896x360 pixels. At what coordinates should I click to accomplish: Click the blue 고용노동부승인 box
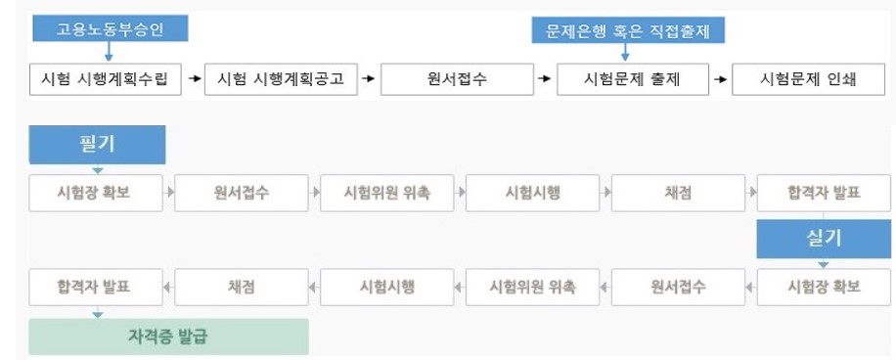109,30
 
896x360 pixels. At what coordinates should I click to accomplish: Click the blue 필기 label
98,144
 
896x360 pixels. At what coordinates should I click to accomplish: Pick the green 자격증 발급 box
169,337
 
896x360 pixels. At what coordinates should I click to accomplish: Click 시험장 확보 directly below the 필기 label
95,192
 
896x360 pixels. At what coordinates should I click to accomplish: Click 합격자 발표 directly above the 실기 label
824,192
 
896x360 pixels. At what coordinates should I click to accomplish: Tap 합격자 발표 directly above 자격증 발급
94,288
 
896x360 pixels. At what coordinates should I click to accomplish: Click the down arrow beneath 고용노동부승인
109,54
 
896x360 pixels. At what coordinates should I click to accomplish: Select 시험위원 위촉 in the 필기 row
386,192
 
